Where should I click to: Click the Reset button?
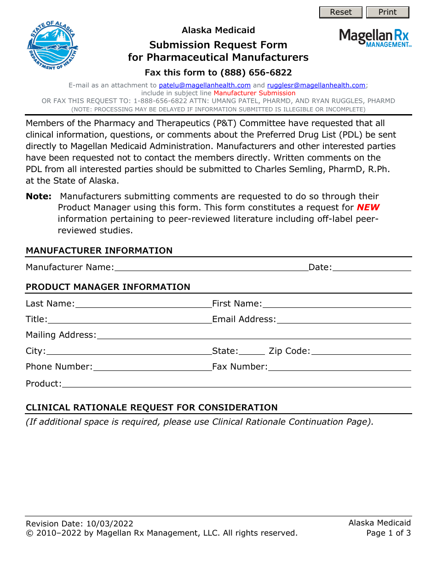(x=341, y=12)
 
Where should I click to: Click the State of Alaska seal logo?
(x=53, y=46)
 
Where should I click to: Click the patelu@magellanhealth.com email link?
(x=205, y=85)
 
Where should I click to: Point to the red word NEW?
(x=368, y=208)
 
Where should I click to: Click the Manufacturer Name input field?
(x=211, y=267)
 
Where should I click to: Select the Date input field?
(x=371, y=267)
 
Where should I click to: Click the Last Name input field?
(x=143, y=303)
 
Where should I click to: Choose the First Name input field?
(x=336, y=303)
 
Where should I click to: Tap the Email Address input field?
(x=344, y=319)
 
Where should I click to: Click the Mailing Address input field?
(x=253, y=335)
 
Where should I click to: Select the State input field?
(x=252, y=351)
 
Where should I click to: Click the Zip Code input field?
(x=361, y=351)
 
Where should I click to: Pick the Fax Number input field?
(x=339, y=366)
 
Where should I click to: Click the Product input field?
(x=236, y=383)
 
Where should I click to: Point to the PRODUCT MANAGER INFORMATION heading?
(x=108, y=287)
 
